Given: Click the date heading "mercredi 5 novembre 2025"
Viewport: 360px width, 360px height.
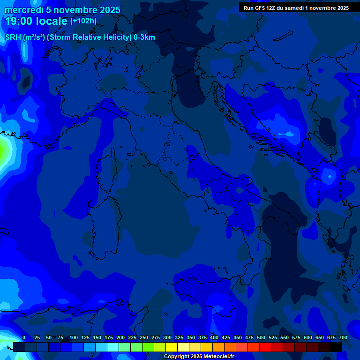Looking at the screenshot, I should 62,10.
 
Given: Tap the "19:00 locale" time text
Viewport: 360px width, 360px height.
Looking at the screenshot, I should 36,21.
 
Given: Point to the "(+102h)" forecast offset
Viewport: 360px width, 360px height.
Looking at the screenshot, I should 83,21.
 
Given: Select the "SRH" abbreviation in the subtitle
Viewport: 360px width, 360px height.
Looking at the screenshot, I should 13,37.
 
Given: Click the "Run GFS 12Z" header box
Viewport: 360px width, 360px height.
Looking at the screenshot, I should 296,8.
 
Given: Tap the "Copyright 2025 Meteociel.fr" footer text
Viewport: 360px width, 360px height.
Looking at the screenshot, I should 199,356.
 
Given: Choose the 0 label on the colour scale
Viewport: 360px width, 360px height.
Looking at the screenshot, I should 24,337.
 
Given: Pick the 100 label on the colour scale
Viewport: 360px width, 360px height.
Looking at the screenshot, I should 74,337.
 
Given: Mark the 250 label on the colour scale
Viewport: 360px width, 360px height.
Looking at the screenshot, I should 144,337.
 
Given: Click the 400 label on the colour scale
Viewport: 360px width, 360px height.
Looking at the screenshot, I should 214,337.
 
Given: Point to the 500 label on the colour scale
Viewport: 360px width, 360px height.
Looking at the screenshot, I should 261,337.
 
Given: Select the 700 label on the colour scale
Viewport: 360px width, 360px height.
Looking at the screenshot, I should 343,337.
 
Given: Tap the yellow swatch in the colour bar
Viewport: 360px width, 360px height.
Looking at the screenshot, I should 172,347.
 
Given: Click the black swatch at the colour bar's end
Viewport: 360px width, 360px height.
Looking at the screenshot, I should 336,347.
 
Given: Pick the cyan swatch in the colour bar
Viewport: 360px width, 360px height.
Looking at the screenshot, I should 113,347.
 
